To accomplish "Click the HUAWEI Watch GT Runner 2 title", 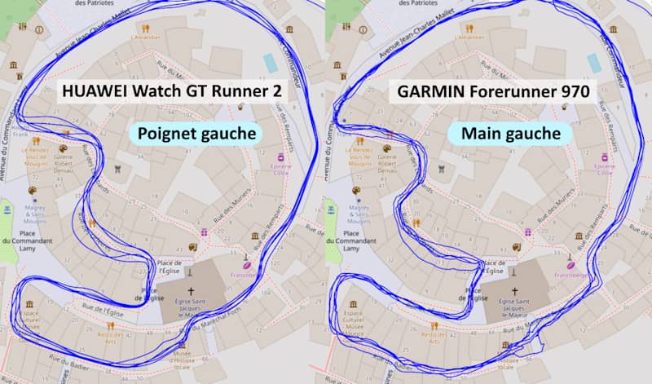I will [x=172, y=91].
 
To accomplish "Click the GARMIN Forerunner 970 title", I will [x=493, y=91].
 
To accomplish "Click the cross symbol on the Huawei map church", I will [x=192, y=291].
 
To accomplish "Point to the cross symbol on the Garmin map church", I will [x=513, y=291].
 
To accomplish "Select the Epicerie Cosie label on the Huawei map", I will [x=281, y=168].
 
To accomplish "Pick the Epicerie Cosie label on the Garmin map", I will [x=604, y=168].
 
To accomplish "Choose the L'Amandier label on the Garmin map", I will [x=471, y=37].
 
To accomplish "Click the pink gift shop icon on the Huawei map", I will [x=204, y=233].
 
